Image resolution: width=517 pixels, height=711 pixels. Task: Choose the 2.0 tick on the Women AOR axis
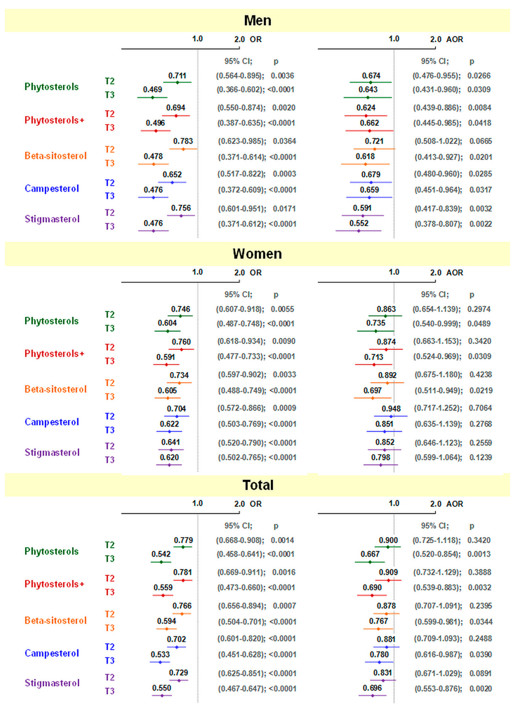436,273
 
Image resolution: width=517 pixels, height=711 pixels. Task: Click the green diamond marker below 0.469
153,98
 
